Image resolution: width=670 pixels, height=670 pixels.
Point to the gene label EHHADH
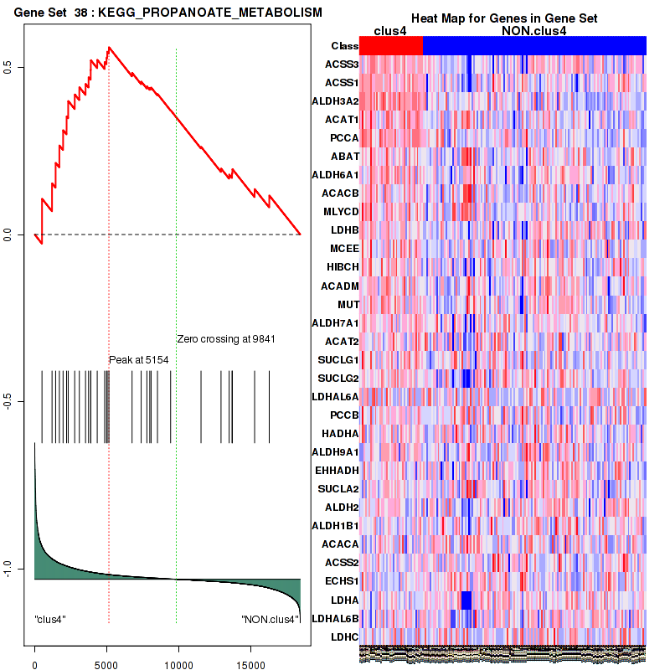(x=338, y=470)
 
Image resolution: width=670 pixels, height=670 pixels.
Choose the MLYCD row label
(x=341, y=212)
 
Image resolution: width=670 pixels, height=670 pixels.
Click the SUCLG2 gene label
(x=338, y=378)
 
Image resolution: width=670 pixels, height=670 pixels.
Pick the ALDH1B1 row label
(x=337, y=525)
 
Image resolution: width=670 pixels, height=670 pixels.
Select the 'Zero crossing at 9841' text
(x=226, y=339)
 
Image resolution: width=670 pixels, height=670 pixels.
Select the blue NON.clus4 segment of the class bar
(x=534, y=46)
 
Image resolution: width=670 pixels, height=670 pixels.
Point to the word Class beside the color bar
(x=344, y=46)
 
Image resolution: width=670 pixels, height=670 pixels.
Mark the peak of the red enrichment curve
(x=109, y=47)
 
